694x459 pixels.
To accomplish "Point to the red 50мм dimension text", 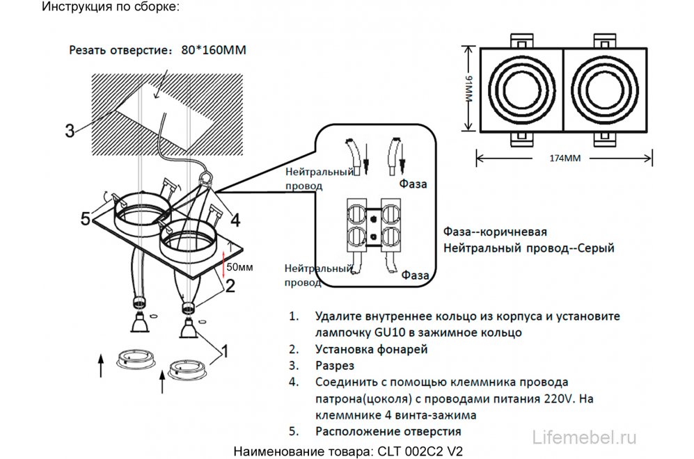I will [241, 266].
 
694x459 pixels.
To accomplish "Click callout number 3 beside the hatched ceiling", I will [70, 130].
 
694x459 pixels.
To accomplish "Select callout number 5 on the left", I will [86, 219].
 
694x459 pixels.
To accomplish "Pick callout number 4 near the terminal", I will [235, 220].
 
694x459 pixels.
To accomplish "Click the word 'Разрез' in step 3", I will [335, 365].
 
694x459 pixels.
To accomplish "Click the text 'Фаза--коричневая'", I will [494, 232].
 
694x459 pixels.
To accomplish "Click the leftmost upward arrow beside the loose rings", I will [100, 364].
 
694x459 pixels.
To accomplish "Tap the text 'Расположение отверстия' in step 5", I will [378, 432].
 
